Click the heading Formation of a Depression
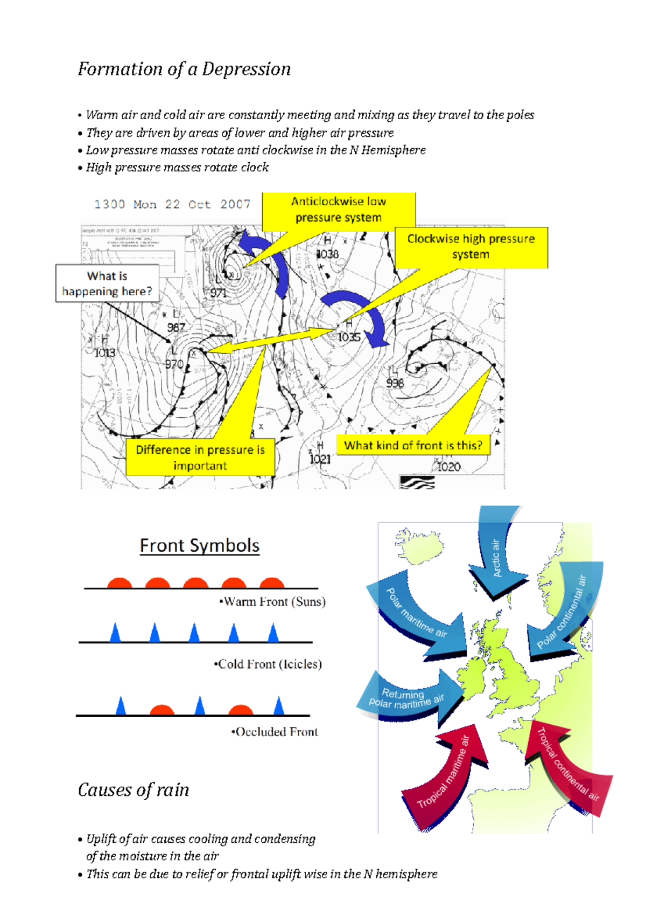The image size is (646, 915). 184,70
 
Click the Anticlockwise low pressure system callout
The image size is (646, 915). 339,210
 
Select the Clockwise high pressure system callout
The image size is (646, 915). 471,247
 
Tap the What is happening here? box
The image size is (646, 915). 107,283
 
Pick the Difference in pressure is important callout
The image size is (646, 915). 200,458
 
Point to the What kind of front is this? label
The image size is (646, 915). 413,445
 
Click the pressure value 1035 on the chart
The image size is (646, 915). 349,337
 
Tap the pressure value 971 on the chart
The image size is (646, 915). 218,293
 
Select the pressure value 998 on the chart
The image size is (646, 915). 395,383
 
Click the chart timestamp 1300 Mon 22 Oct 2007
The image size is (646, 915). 172,204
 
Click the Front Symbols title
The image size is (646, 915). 200,545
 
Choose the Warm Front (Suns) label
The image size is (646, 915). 272,602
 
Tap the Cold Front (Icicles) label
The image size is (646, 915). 268,664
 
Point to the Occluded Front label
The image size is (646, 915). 275,732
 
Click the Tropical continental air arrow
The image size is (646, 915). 568,765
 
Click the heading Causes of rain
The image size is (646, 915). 134,791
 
